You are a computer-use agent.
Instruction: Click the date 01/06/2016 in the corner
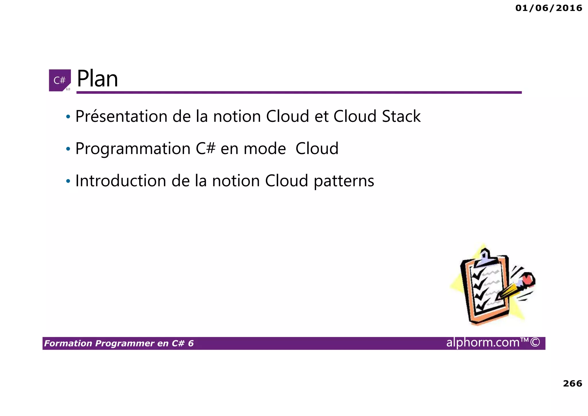[x=549, y=8]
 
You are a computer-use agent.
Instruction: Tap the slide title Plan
[x=97, y=79]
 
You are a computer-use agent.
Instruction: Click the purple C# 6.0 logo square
[x=60, y=80]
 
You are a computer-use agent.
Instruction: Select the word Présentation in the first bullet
[x=121, y=117]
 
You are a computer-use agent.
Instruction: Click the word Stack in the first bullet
[x=401, y=116]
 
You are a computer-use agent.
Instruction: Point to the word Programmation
[x=133, y=149]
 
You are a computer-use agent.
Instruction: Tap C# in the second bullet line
[x=205, y=149]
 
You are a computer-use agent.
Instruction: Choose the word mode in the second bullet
[x=264, y=149]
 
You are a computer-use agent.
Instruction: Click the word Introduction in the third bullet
[x=121, y=181]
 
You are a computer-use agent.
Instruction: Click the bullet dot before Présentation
[x=68, y=117]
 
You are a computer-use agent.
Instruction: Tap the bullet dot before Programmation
[x=68, y=149]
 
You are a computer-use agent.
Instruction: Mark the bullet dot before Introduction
[x=68, y=181]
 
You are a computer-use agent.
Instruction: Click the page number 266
[x=572, y=384]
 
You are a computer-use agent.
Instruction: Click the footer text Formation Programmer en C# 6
[x=119, y=343]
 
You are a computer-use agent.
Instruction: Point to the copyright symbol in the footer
[x=535, y=343]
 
